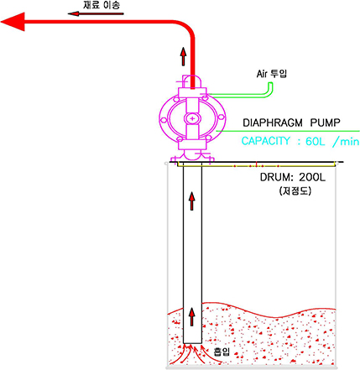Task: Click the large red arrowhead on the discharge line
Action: pyautogui.click(x=13, y=22)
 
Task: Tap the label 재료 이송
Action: pyautogui.click(x=102, y=5)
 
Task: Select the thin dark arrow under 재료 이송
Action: pyautogui.click(x=96, y=13)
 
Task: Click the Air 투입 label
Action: pyautogui.click(x=272, y=74)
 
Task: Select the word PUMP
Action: pyautogui.click(x=325, y=122)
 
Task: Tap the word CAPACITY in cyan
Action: pyautogui.click(x=265, y=141)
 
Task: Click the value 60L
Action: pyautogui.click(x=315, y=141)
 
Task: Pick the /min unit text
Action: pyautogui.click(x=346, y=142)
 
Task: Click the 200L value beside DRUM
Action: pyautogui.click(x=312, y=177)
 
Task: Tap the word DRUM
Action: pyautogui.click(x=274, y=177)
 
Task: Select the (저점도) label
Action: pyautogui.click(x=295, y=191)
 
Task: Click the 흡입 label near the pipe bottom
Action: pyautogui.click(x=222, y=352)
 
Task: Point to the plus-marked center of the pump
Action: pyautogui.click(x=192, y=119)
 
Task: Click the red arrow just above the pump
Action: pyautogui.click(x=183, y=56)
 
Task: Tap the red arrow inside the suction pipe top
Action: pyautogui.click(x=191, y=201)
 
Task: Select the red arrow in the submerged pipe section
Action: pyautogui.click(x=191, y=316)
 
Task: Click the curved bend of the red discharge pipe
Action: pyautogui.click(x=188, y=27)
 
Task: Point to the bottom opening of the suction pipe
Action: pyautogui.click(x=192, y=343)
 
